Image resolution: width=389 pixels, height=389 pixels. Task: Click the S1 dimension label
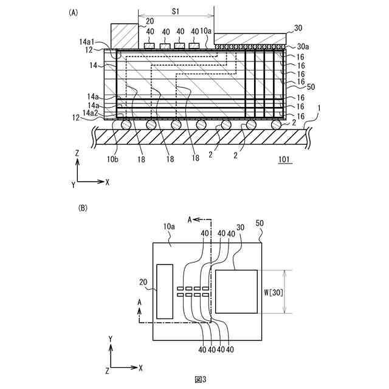tap(174, 11)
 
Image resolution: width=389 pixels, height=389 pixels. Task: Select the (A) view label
tap(74, 12)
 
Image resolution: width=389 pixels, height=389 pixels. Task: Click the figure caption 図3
tap(201, 379)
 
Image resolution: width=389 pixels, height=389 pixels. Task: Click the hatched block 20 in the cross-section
tap(124, 36)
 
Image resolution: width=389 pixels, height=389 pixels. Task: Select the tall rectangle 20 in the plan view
tap(165, 291)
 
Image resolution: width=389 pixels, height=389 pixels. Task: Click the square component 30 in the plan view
tap(236, 291)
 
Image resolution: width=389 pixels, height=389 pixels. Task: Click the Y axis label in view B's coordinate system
tap(110, 337)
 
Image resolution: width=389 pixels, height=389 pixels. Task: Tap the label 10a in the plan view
tap(170, 227)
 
